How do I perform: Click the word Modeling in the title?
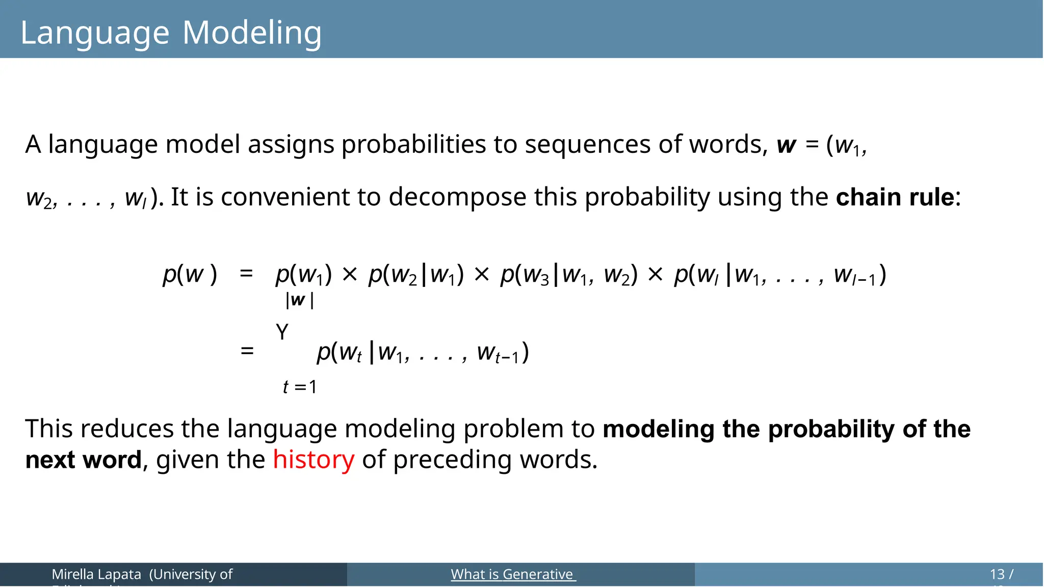tap(252, 33)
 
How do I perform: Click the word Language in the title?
tap(95, 33)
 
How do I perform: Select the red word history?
tap(313, 460)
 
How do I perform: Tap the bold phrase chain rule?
tap(895, 197)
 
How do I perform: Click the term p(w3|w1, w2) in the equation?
tap(568, 275)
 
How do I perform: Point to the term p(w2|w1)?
tap(416, 275)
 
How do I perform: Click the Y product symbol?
tap(282, 333)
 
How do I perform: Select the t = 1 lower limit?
tap(300, 387)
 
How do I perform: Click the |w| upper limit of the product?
tap(299, 300)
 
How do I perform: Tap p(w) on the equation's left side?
tap(190, 275)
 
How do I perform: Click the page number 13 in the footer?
tap(997, 574)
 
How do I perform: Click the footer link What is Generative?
tap(513, 574)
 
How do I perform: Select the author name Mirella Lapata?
tap(96, 574)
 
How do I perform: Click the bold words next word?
tap(83, 460)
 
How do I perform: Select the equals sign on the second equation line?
tap(247, 351)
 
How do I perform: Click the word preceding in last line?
tap(453, 460)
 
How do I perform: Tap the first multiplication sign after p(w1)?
tap(350, 275)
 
